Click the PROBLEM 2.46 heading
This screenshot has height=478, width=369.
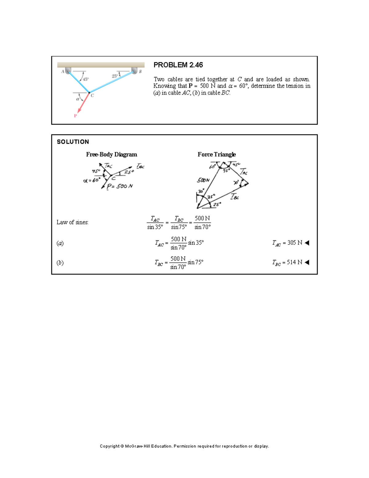click(178, 65)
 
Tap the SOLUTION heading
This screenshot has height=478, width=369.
click(73, 142)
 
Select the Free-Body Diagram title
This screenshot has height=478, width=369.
click(111, 155)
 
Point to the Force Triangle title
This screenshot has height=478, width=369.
click(216, 155)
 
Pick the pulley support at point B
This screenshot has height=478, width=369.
click(134, 71)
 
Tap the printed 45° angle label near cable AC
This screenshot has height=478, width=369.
click(85, 79)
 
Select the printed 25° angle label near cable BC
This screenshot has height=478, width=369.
click(114, 76)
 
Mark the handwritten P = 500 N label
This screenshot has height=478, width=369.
click(120, 186)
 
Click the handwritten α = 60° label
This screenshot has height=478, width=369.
click(92, 180)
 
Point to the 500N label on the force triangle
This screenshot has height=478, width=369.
click(203, 180)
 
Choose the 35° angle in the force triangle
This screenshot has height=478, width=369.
click(211, 196)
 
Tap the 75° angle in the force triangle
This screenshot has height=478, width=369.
click(226, 170)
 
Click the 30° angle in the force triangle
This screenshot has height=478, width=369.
click(201, 191)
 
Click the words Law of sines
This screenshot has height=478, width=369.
click(72, 222)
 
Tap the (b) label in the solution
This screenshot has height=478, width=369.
click(60, 263)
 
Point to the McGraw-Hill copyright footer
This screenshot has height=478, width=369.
click(184, 446)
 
